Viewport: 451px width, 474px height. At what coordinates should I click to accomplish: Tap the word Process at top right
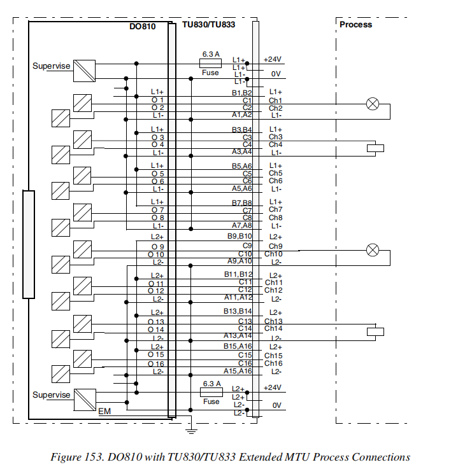(355, 25)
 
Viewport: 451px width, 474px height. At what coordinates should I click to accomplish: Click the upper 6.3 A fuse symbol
(211, 64)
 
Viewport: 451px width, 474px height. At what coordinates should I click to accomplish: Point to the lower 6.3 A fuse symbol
(211, 393)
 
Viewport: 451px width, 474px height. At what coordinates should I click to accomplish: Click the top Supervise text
(52, 66)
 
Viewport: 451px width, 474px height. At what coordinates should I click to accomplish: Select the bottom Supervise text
(52, 395)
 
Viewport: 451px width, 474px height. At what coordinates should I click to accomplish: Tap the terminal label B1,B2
(241, 93)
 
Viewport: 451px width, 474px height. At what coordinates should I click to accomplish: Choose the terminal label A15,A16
(238, 371)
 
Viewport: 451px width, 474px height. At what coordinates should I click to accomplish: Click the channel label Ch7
(275, 210)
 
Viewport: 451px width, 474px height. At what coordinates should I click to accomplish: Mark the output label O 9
(158, 247)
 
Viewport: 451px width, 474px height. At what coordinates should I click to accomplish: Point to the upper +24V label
(273, 59)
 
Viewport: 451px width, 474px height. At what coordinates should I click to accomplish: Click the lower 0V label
(276, 405)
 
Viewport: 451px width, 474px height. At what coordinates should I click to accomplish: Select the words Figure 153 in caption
(80, 457)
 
